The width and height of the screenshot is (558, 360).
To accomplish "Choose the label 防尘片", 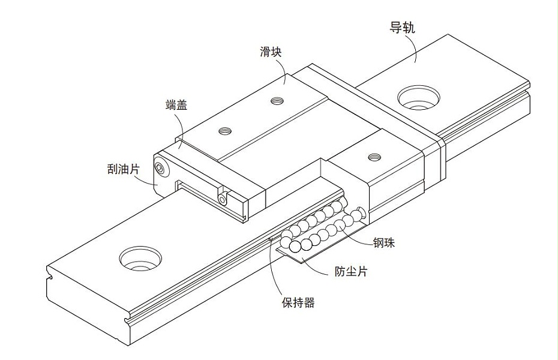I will click(x=350, y=271).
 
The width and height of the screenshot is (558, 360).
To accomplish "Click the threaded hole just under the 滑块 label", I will click(x=277, y=101).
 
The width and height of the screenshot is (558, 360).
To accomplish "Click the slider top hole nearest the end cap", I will click(x=226, y=130).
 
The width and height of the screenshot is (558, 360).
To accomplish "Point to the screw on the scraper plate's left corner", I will click(x=161, y=168).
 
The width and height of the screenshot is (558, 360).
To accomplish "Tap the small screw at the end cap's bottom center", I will click(x=222, y=198).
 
